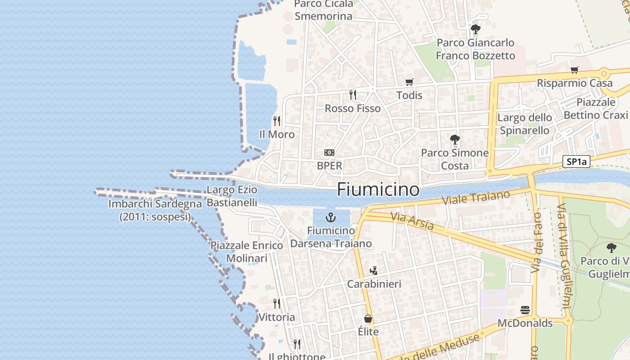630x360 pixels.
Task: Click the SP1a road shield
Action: (x=576, y=162)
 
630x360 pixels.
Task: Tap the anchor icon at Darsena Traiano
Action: (x=331, y=218)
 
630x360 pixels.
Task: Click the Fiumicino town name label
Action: (x=378, y=189)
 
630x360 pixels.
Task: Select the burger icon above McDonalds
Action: (x=525, y=310)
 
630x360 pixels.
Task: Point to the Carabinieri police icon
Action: (x=373, y=271)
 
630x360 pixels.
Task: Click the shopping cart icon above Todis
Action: (x=409, y=82)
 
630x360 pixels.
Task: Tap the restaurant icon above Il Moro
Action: (x=277, y=121)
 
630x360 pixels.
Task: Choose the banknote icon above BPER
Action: (x=329, y=153)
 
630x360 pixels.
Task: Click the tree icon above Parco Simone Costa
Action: (x=454, y=139)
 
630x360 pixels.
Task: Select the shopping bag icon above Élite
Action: (x=368, y=319)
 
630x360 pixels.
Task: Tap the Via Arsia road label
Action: (x=412, y=221)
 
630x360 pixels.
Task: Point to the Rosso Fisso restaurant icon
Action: (x=353, y=95)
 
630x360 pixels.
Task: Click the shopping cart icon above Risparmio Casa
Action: (x=574, y=70)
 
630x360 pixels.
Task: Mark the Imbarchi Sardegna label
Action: (x=155, y=210)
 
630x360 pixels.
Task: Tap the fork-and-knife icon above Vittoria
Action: (x=277, y=304)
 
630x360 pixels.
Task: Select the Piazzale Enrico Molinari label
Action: (x=247, y=252)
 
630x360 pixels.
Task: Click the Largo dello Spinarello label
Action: (x=525, y=124)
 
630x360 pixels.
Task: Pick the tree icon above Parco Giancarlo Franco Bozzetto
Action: (x=475, y=30)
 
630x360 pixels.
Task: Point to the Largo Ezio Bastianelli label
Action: (x=232, y=196)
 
